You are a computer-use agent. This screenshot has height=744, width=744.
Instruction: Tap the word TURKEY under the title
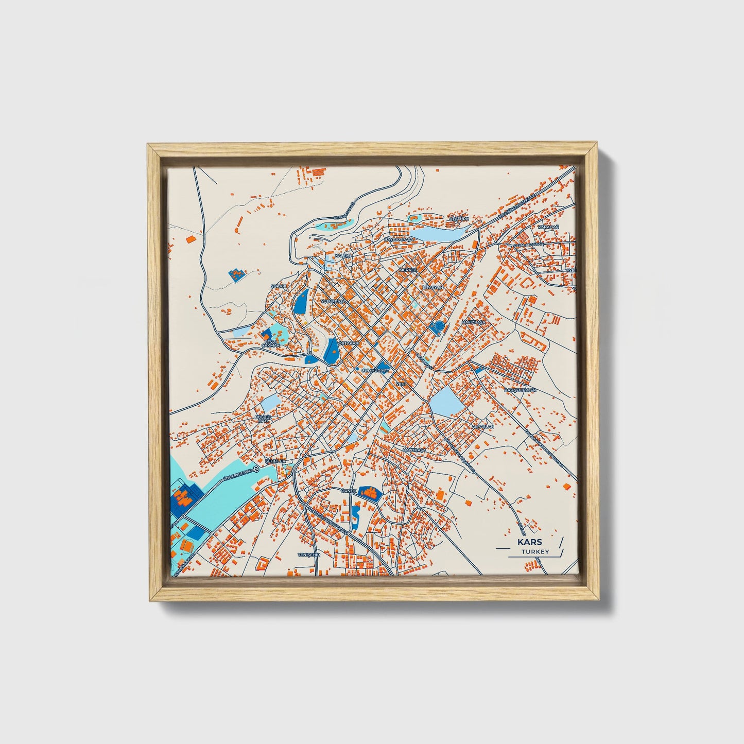click(x=534, y=551)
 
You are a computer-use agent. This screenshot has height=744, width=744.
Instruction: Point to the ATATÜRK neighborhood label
click(x=459, y=219)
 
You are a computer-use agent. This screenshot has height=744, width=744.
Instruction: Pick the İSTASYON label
click(x=432, y=287)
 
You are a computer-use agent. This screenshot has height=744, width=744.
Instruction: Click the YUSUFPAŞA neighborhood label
click(x=332, y=300)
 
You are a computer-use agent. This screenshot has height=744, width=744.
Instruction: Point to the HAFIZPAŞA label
click(x=474, y=322)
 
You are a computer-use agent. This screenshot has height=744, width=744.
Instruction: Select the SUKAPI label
click(x=278, y=286)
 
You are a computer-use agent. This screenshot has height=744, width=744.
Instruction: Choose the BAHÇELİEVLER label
click(x=520, y=390)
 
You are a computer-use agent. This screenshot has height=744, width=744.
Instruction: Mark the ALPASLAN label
click(x=482, y=427)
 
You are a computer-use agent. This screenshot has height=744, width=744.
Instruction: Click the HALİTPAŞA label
click(x=415, y=450)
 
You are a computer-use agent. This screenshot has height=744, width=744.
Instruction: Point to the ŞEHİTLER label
click(x=275, y=461)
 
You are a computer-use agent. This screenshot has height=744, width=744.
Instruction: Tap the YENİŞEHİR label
click(x=309, y=555)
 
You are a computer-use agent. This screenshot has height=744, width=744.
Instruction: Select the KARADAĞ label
click(x=548, y=227)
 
